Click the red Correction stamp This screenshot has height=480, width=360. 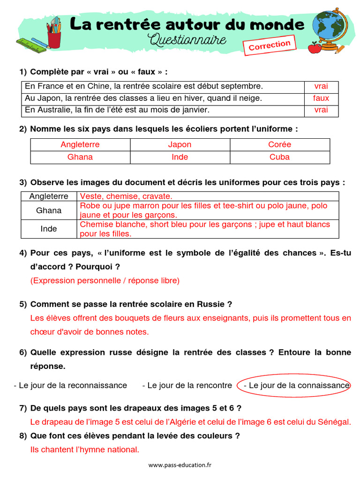(270, 45)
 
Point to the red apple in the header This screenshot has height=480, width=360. (315, 47)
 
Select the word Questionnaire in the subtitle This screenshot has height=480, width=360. (187, 40)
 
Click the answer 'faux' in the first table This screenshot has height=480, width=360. (321, 98)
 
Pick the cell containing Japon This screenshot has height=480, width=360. (180, 145)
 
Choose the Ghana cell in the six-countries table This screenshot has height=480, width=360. (80, 157)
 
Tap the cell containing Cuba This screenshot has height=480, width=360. (279, 157)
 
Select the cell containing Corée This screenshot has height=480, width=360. (279, 145)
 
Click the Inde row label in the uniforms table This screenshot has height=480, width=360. (49, 229)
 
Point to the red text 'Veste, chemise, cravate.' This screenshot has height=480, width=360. (126, 196)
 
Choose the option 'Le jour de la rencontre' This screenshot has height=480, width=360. (187, 385)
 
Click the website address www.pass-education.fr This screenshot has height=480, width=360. (180, 465)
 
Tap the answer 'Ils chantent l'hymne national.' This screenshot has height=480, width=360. (84, 450)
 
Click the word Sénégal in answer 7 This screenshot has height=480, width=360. (334, 422)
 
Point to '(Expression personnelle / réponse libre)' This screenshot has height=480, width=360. (105, 281)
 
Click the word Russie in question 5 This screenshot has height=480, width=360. (209, 304)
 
